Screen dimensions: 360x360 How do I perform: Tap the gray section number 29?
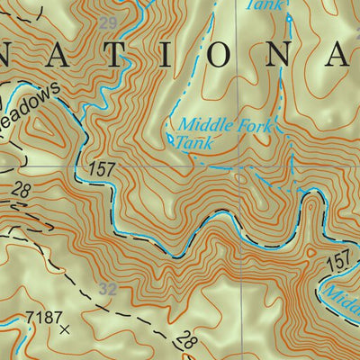(108, 22)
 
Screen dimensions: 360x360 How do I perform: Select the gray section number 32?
(108, 290)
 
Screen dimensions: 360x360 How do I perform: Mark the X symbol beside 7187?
(64, 330)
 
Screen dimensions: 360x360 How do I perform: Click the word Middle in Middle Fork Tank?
(199, 125)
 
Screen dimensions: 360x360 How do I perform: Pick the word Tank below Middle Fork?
(190, 142)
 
